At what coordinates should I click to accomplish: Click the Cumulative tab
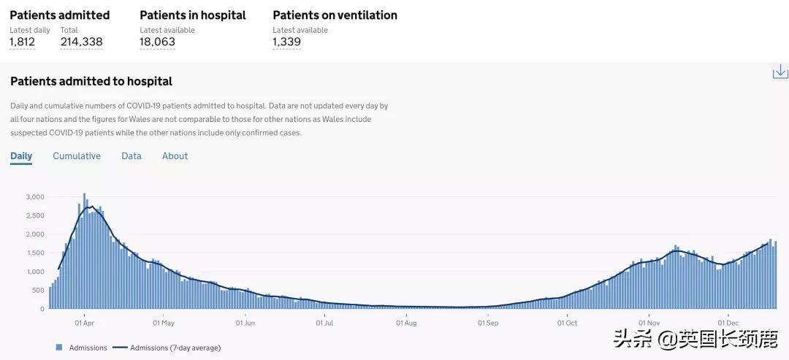[x=77, y=156]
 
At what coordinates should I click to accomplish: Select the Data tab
[x=131, y=156]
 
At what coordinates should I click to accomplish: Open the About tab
[x=175, y=156]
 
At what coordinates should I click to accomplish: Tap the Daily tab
[x=21, y=156]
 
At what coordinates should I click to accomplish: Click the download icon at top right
[x=780, y=71]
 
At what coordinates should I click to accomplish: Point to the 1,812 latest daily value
[x=22, y=42]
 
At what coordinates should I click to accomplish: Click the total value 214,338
[x=81, y=42]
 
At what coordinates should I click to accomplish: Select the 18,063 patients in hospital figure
[x=157, y=42]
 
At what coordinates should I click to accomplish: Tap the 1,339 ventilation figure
[x=286, y=42]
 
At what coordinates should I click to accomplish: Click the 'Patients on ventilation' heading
[x=335, y=15]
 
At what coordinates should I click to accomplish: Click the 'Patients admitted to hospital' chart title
[x=91, y=81]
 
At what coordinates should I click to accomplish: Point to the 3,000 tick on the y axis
[x=35, y=197]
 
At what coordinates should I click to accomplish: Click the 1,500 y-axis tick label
[x=35, y=253]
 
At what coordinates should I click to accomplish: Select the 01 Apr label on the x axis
[x=84, y=321]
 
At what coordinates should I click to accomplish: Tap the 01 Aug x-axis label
[x=405, y=321]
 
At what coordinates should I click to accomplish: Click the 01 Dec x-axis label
[x=728, y=321]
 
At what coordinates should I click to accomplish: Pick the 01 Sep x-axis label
[x=488, y=321]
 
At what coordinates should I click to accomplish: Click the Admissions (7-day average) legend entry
[x=167, y=348]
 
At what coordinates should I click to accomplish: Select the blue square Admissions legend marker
[x=58, y=348]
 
